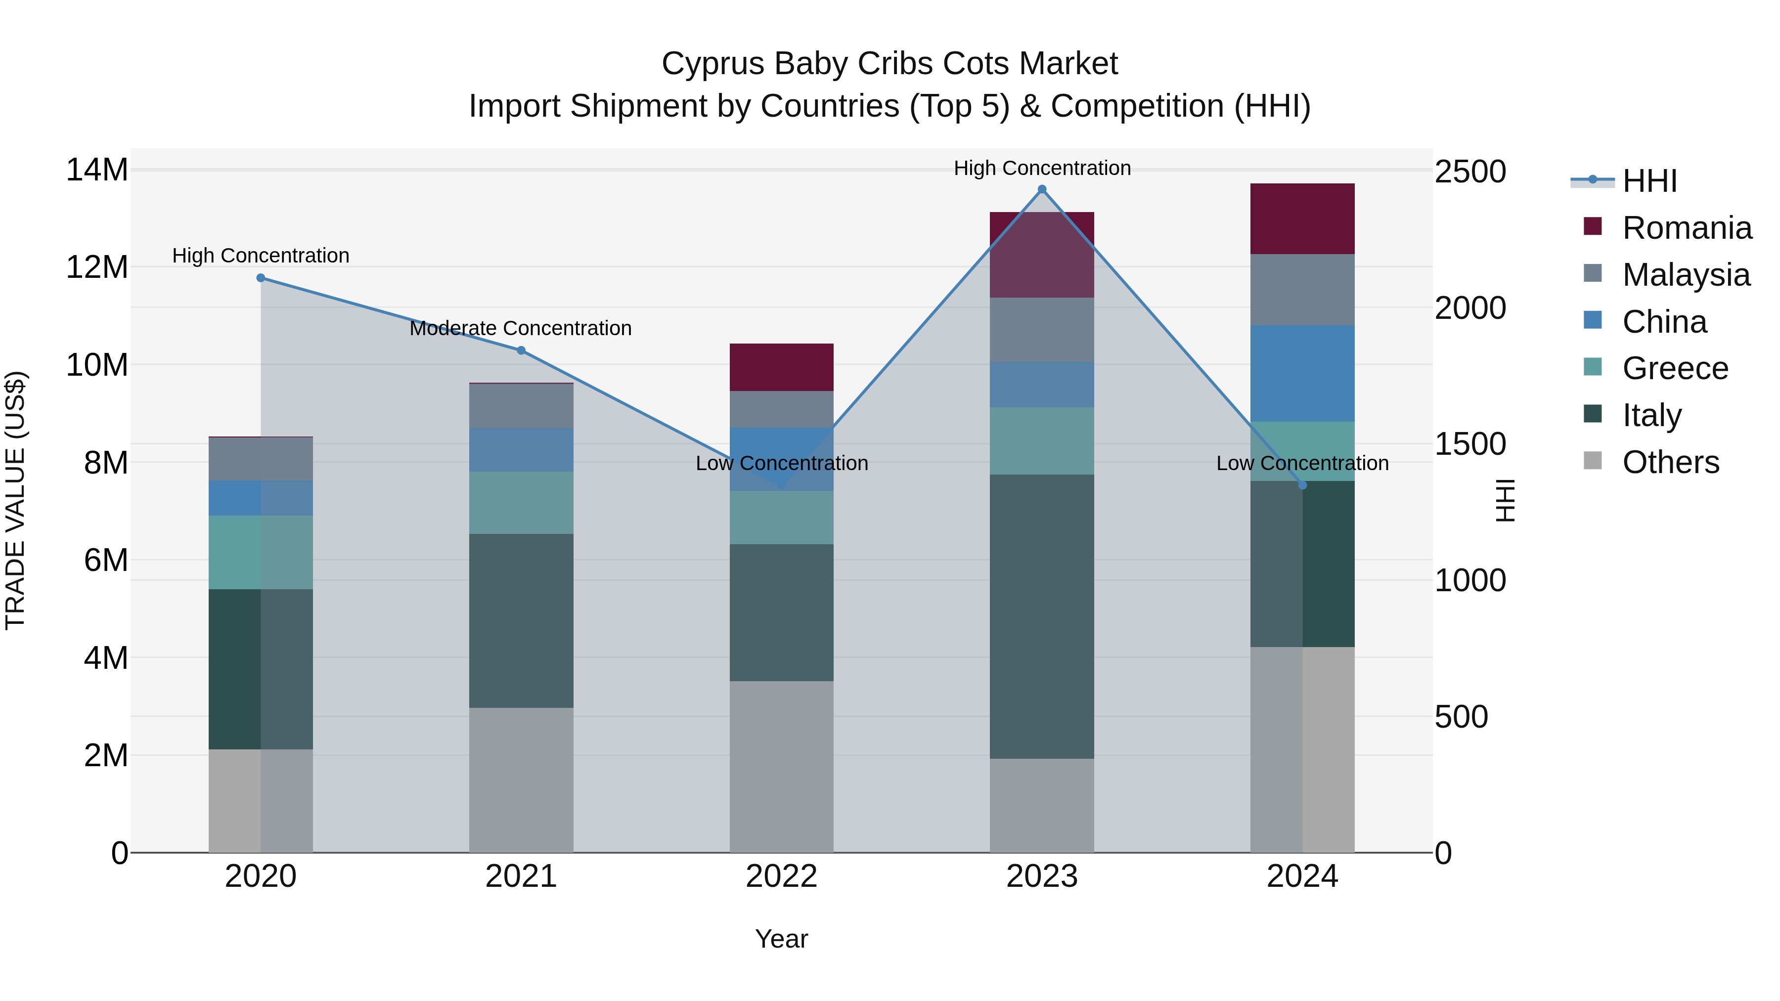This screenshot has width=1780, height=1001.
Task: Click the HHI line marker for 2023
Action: (x=1042, y=189)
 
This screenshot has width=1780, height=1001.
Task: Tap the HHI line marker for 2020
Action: (x=261, y=278)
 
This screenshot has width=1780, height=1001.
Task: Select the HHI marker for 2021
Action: (x=521, y=350)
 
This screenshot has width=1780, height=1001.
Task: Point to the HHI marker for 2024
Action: (x=1302, y=485)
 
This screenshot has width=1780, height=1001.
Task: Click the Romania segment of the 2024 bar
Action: (x=1302, y=219)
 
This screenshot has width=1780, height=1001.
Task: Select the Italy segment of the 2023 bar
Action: (x=1042, y=616)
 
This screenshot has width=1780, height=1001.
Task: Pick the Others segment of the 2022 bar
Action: (x=782, y=767)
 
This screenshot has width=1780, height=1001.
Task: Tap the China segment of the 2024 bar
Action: (x=1302, y=374)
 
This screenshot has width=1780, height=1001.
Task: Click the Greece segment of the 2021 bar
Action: (x=521, y=502)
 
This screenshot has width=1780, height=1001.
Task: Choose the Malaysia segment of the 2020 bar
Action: (x=261, y=459)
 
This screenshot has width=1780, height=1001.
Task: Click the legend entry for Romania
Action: (x=1686, y=228)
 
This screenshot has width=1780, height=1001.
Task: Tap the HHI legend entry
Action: (x=1648, y=181)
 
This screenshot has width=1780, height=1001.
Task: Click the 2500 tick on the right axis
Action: (x=1470, y=172)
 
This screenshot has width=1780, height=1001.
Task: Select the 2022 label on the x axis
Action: (x=782, y=876)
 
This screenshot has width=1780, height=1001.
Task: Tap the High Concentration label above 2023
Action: (x=1042, y=168)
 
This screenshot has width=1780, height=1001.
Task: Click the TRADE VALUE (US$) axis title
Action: (x=15, y=500)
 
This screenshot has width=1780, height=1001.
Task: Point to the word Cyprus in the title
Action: (x=713, y=64)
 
